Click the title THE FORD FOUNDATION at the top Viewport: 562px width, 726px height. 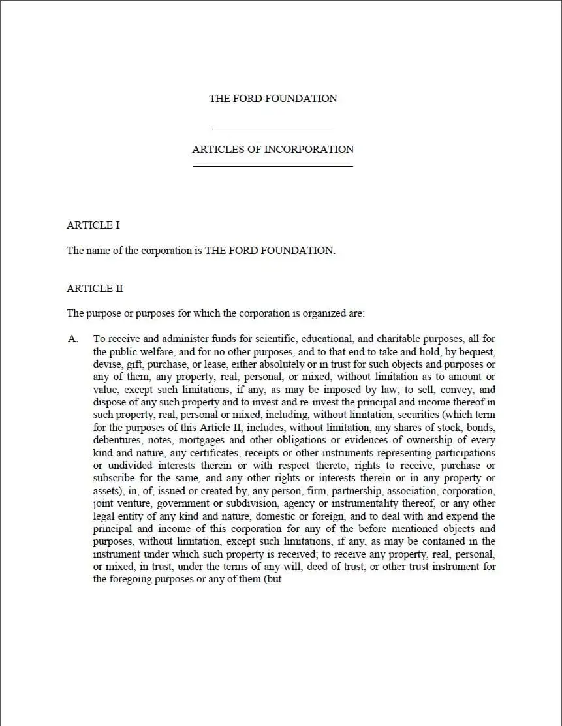click(x=273, y=99)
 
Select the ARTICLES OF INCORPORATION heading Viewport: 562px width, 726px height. click(x=273, y=150)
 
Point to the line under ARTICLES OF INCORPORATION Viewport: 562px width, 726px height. click(x=273, y=167)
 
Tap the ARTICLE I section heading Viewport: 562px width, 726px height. click(x=93, y=225)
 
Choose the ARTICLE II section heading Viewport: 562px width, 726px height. click(x=95, y=289)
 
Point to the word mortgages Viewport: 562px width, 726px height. click(x=200, y=440)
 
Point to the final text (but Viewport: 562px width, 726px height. click(x=272, y=580)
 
